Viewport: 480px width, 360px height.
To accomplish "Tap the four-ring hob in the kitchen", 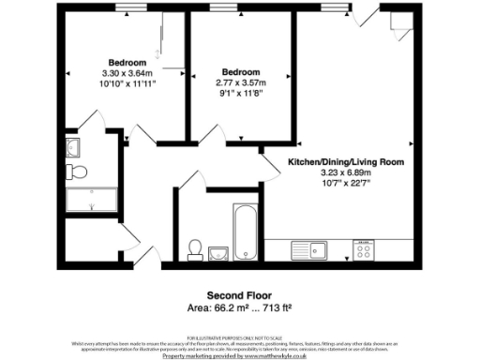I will (x=363, y=250).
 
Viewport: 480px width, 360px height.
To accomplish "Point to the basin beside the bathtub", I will (x=219, y=251).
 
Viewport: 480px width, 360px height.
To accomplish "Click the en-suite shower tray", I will (x=91, y=200).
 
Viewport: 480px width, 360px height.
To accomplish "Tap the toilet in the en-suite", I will (x=79, y=170).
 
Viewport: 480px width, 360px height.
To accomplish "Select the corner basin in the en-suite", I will (x=73, y=146).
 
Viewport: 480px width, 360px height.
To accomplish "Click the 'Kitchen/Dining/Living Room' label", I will (x=345, y=162).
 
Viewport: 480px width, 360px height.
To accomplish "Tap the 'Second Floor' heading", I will (x=239, y=292).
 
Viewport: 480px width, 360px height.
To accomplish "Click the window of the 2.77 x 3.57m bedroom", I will (x=223, y=9).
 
